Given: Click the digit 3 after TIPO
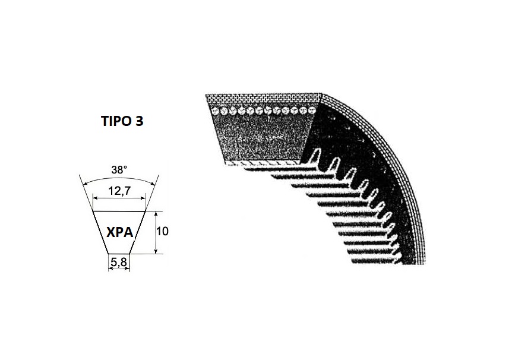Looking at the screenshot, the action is click(139, 121).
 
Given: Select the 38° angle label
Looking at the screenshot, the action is click(119, 170).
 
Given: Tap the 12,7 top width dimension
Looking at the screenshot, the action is click(119, 191).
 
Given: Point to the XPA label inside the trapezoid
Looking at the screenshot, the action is click(119, 232).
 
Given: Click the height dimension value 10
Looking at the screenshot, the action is click(162, 231).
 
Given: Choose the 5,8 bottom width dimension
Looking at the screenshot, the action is click(119, 262).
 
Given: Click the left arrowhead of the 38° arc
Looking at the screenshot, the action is click(85, 184).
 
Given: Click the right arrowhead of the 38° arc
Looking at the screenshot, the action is click(154, 184).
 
